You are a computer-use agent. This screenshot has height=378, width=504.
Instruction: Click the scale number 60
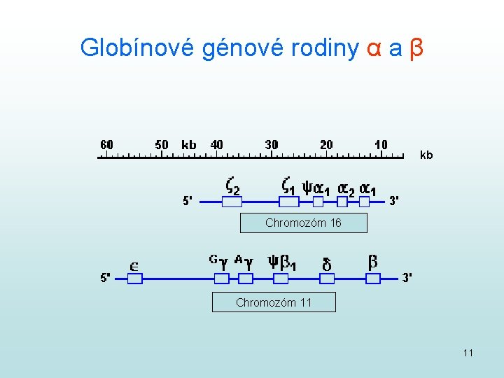(106, 145)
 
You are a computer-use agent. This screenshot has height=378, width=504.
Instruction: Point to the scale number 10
(381, 145)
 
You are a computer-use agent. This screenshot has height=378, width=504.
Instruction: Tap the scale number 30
(272, 145)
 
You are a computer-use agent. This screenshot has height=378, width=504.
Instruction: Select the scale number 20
(326, 145)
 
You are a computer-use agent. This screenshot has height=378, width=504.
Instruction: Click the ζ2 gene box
(232, 202)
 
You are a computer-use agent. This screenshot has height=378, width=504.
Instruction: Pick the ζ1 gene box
(289, 202)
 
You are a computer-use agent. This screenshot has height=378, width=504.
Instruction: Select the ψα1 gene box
(318, 202)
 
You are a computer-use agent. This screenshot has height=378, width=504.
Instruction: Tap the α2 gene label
(346, 188)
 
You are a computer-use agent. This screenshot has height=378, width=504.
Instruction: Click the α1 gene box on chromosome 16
(364, 202)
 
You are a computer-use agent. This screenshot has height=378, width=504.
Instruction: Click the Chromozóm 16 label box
(303, 223)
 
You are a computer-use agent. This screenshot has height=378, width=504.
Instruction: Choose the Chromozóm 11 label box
(274, 303)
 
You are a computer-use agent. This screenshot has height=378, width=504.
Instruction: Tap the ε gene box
(135, 279)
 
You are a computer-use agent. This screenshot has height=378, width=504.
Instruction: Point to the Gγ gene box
(221, 279)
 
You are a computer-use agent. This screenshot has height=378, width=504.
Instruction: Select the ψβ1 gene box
(281, 279)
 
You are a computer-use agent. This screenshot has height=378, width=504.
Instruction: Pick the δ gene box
(326, 279)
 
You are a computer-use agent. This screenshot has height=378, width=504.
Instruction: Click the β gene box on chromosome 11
(373, 279)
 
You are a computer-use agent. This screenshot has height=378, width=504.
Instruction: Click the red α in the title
(374, 48)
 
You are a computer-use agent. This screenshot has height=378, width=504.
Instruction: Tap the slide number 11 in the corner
(468, 353)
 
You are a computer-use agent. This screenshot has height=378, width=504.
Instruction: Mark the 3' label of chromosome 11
(407, 277)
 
